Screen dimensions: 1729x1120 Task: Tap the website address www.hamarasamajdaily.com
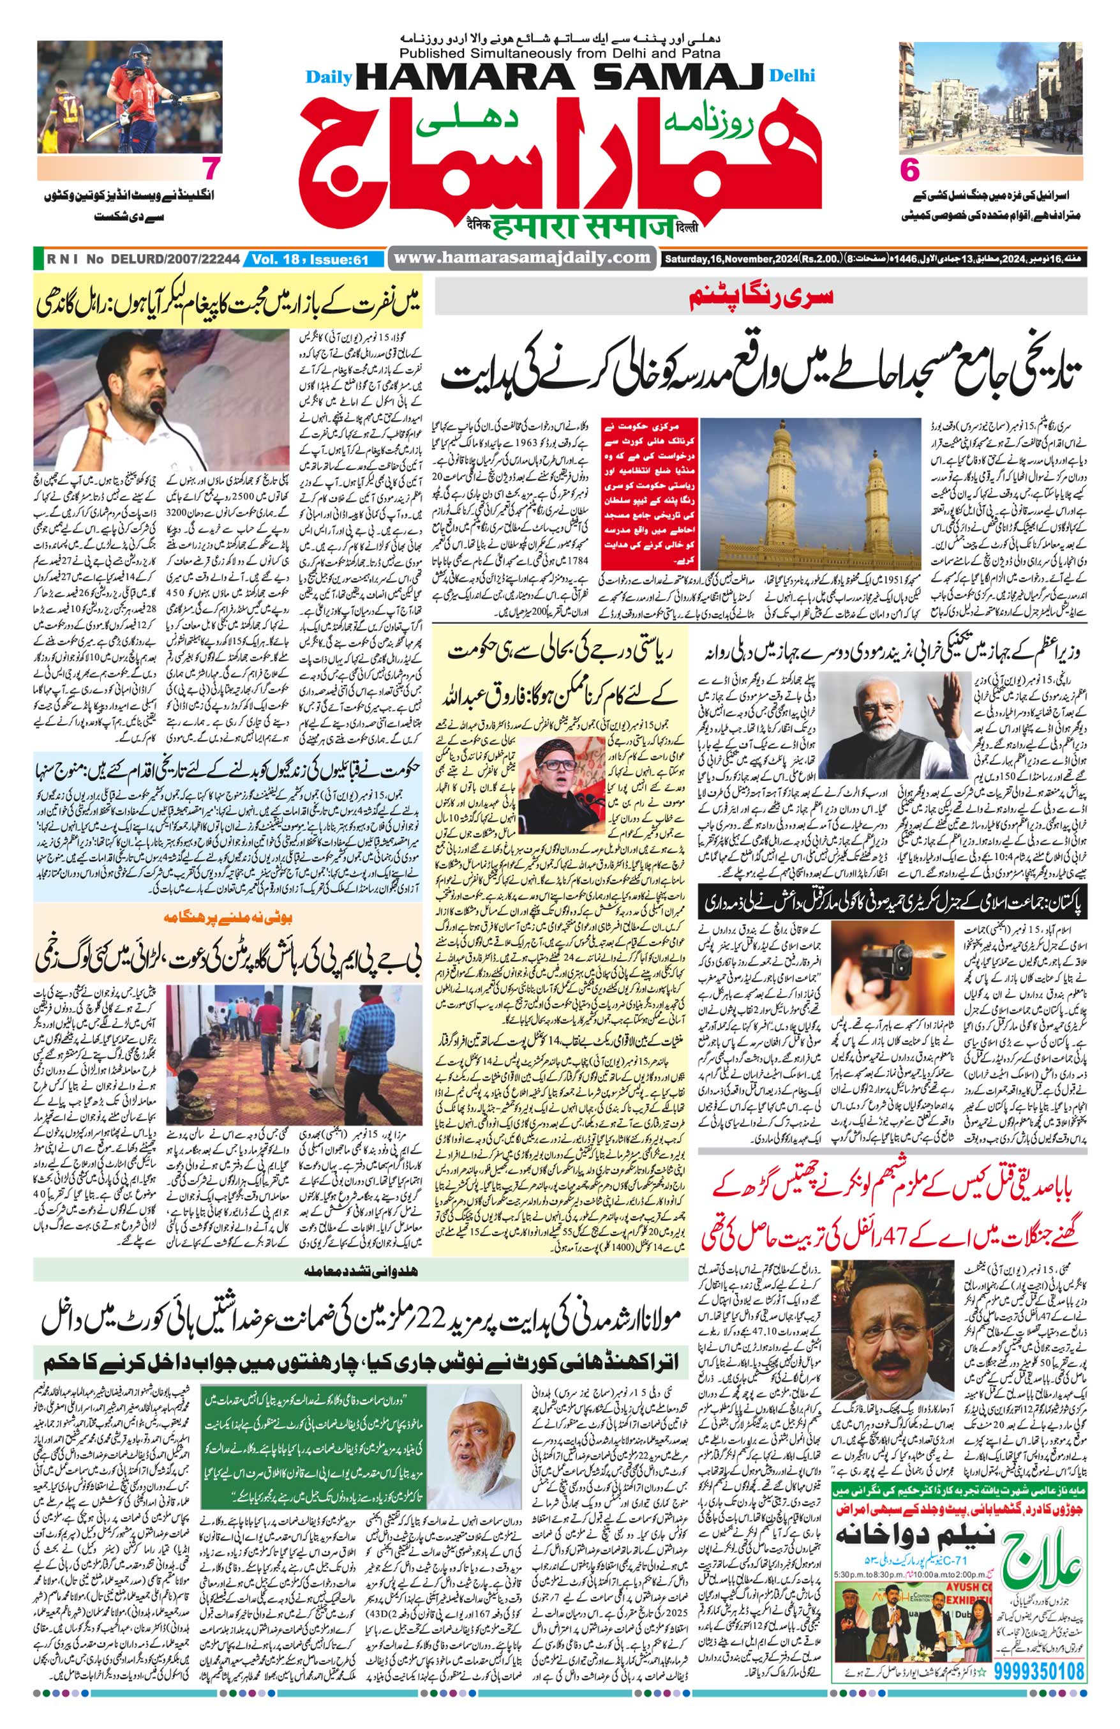[522, 257]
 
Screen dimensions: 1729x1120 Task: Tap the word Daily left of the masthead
[328, 76]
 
